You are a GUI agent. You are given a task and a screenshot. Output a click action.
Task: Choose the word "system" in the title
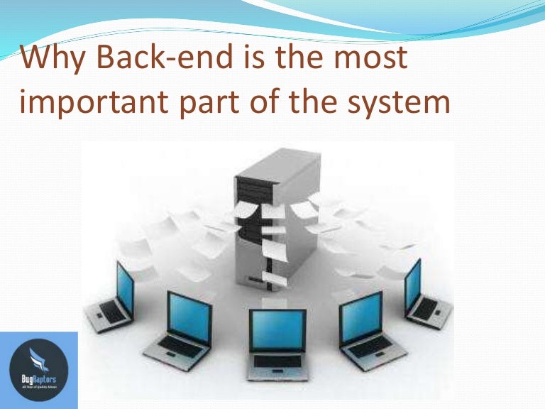(393, 104)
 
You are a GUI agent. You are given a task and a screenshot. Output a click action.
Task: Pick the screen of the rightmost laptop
(413, 283)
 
